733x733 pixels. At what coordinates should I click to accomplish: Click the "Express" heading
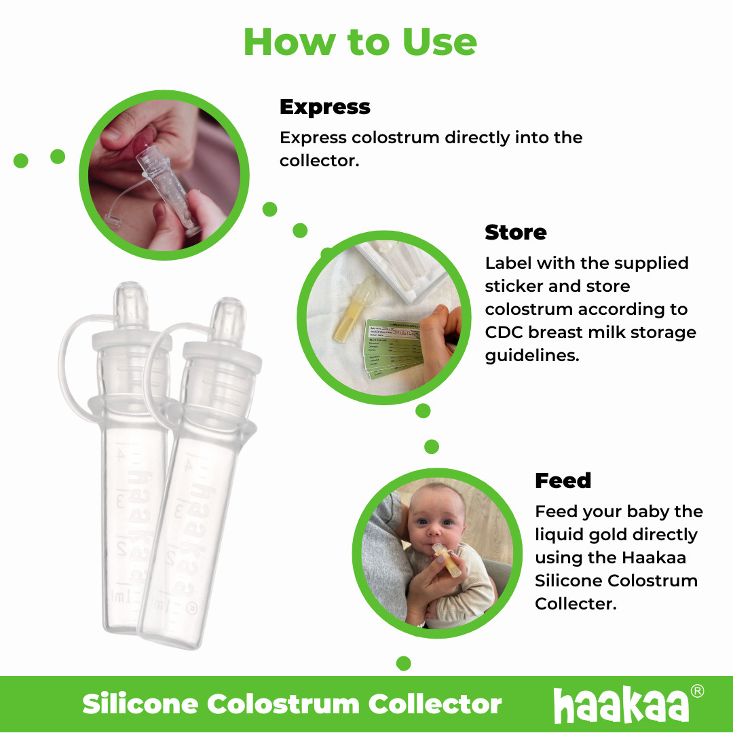pos(325,107)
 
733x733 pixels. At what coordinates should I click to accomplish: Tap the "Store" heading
pos(515,233)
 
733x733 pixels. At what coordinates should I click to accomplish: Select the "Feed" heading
pos(563,481)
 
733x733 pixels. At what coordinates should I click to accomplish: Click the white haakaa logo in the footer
pos(620,705)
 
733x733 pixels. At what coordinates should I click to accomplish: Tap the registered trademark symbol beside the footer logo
pos(697,692)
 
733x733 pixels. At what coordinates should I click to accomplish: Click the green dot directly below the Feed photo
pos(404,663)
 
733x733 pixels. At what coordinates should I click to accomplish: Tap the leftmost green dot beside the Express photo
pos(21,161)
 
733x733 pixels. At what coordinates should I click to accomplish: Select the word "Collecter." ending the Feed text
pos(576,604)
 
